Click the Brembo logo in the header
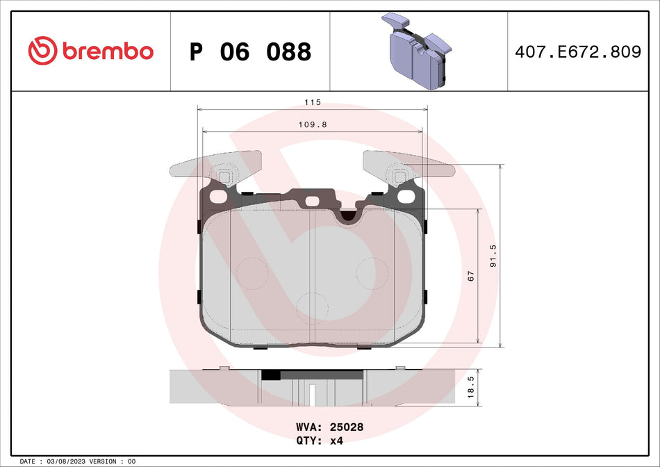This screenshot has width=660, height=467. point(90,51)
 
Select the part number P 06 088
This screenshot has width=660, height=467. point(250,51)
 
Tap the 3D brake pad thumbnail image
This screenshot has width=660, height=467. point(417,51)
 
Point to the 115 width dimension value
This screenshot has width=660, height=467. point(313,102)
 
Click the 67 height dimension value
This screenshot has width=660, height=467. point(470,277)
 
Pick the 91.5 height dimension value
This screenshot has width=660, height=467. point(493,255)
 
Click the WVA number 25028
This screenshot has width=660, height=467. point(349,427)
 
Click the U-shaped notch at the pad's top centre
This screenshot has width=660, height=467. point(347,215)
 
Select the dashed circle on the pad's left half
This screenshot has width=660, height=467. point(252,272)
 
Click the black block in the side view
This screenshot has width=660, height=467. point(271,375)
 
